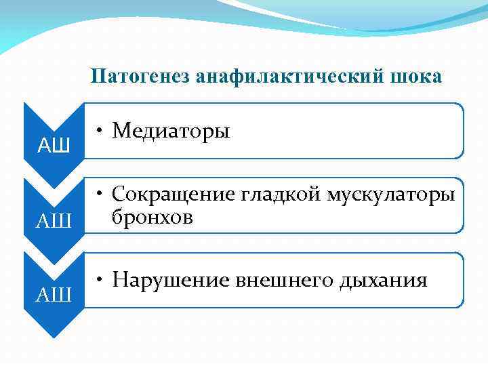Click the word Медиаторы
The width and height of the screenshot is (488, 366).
(171, 130)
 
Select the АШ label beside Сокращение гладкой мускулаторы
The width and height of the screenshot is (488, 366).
(54, 220)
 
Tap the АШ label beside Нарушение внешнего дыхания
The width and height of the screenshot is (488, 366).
(54, 294)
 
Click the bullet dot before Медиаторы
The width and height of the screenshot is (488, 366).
(99, 131)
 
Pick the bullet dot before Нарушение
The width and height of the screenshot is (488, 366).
(99, 280)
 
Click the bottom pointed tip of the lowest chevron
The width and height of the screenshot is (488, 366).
(53, 337)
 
